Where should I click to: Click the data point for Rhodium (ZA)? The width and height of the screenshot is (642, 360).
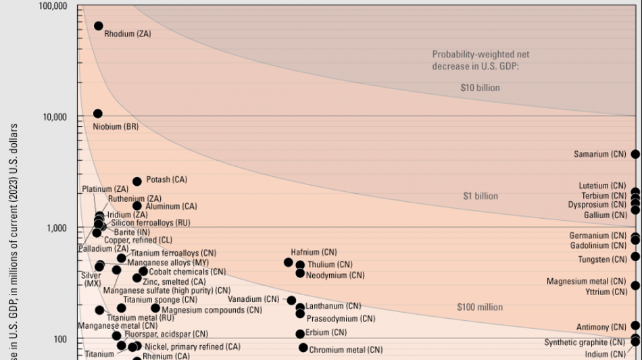point(99,26)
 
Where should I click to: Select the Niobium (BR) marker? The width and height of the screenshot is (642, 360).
point(98,113)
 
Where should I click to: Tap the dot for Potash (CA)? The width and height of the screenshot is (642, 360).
point(137,182)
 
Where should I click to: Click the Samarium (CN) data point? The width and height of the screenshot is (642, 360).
point(635,154)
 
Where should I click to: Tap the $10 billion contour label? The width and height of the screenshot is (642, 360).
point(474,88)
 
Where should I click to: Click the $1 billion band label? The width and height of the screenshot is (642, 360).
point(480,197)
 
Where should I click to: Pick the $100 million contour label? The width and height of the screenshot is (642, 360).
point(480,307)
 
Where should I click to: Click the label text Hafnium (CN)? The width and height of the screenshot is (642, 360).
point(314,252)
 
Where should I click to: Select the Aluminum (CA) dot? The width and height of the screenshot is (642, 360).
point(137,206)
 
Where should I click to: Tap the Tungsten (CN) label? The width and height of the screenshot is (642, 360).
point(602,259)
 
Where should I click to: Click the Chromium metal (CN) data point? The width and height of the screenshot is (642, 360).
point(303,348)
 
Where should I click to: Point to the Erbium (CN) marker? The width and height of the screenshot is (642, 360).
point(300,334)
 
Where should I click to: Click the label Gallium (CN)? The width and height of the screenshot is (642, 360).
point(606,215)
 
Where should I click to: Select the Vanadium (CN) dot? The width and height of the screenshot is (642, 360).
point(291,301)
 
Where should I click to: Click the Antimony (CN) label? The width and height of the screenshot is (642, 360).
point(601,327)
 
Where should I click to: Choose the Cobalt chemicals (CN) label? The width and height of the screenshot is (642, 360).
point(188,272)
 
